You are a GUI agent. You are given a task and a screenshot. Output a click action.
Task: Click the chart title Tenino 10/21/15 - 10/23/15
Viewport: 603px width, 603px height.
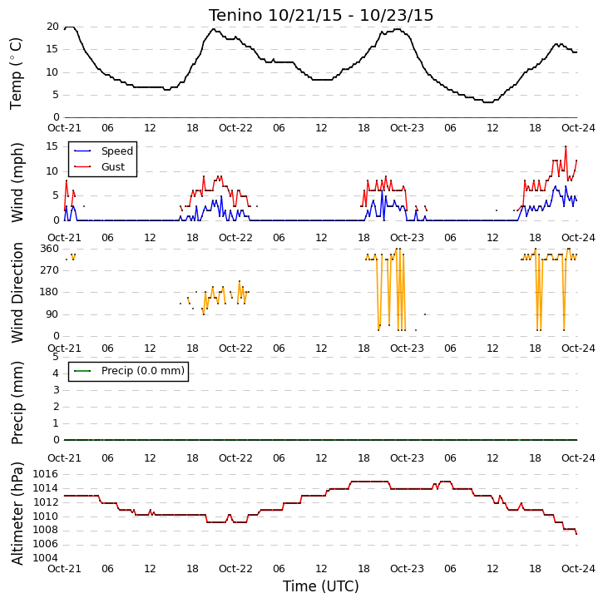coord(321,15)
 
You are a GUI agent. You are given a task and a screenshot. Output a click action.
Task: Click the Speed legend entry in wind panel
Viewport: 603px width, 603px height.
coord(103,151)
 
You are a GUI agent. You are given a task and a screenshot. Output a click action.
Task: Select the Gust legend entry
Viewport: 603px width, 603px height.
coord(100,167)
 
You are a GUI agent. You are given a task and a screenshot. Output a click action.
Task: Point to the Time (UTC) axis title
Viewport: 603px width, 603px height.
coord(321,586)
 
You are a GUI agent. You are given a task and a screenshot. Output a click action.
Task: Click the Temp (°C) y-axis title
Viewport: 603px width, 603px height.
coord(16,73)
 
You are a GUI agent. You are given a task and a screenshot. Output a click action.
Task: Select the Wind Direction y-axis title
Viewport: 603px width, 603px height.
coord(17,293)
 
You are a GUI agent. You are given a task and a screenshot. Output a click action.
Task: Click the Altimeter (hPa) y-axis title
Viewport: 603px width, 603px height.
coord(17,513)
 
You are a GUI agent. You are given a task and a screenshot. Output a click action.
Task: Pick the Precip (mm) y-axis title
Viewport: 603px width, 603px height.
coord(17,403)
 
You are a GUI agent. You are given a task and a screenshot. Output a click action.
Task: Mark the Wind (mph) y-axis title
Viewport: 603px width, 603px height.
coord(17,183)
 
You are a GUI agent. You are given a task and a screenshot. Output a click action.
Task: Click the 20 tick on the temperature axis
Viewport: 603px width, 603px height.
coord(52,27)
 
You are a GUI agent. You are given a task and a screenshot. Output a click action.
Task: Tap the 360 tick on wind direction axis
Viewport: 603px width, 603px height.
coord(50,249)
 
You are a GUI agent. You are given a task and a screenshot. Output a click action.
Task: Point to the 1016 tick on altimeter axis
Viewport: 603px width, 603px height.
coord(46,474)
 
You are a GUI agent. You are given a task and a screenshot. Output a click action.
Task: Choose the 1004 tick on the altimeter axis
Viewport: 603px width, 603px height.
coord(46,558)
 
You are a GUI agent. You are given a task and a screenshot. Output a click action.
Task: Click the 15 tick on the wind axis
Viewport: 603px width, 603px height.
coord(52,146)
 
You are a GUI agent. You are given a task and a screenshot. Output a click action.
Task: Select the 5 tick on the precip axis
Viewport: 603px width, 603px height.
coord(56,357)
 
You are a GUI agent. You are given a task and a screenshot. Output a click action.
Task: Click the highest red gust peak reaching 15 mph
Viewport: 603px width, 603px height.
coord(566,146)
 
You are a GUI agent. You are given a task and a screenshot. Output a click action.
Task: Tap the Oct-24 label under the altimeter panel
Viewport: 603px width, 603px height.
coord(578,569)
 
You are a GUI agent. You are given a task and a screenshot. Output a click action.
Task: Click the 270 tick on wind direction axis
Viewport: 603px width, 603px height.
coord(50,270)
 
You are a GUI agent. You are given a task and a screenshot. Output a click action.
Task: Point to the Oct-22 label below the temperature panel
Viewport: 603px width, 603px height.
coord(235,128)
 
